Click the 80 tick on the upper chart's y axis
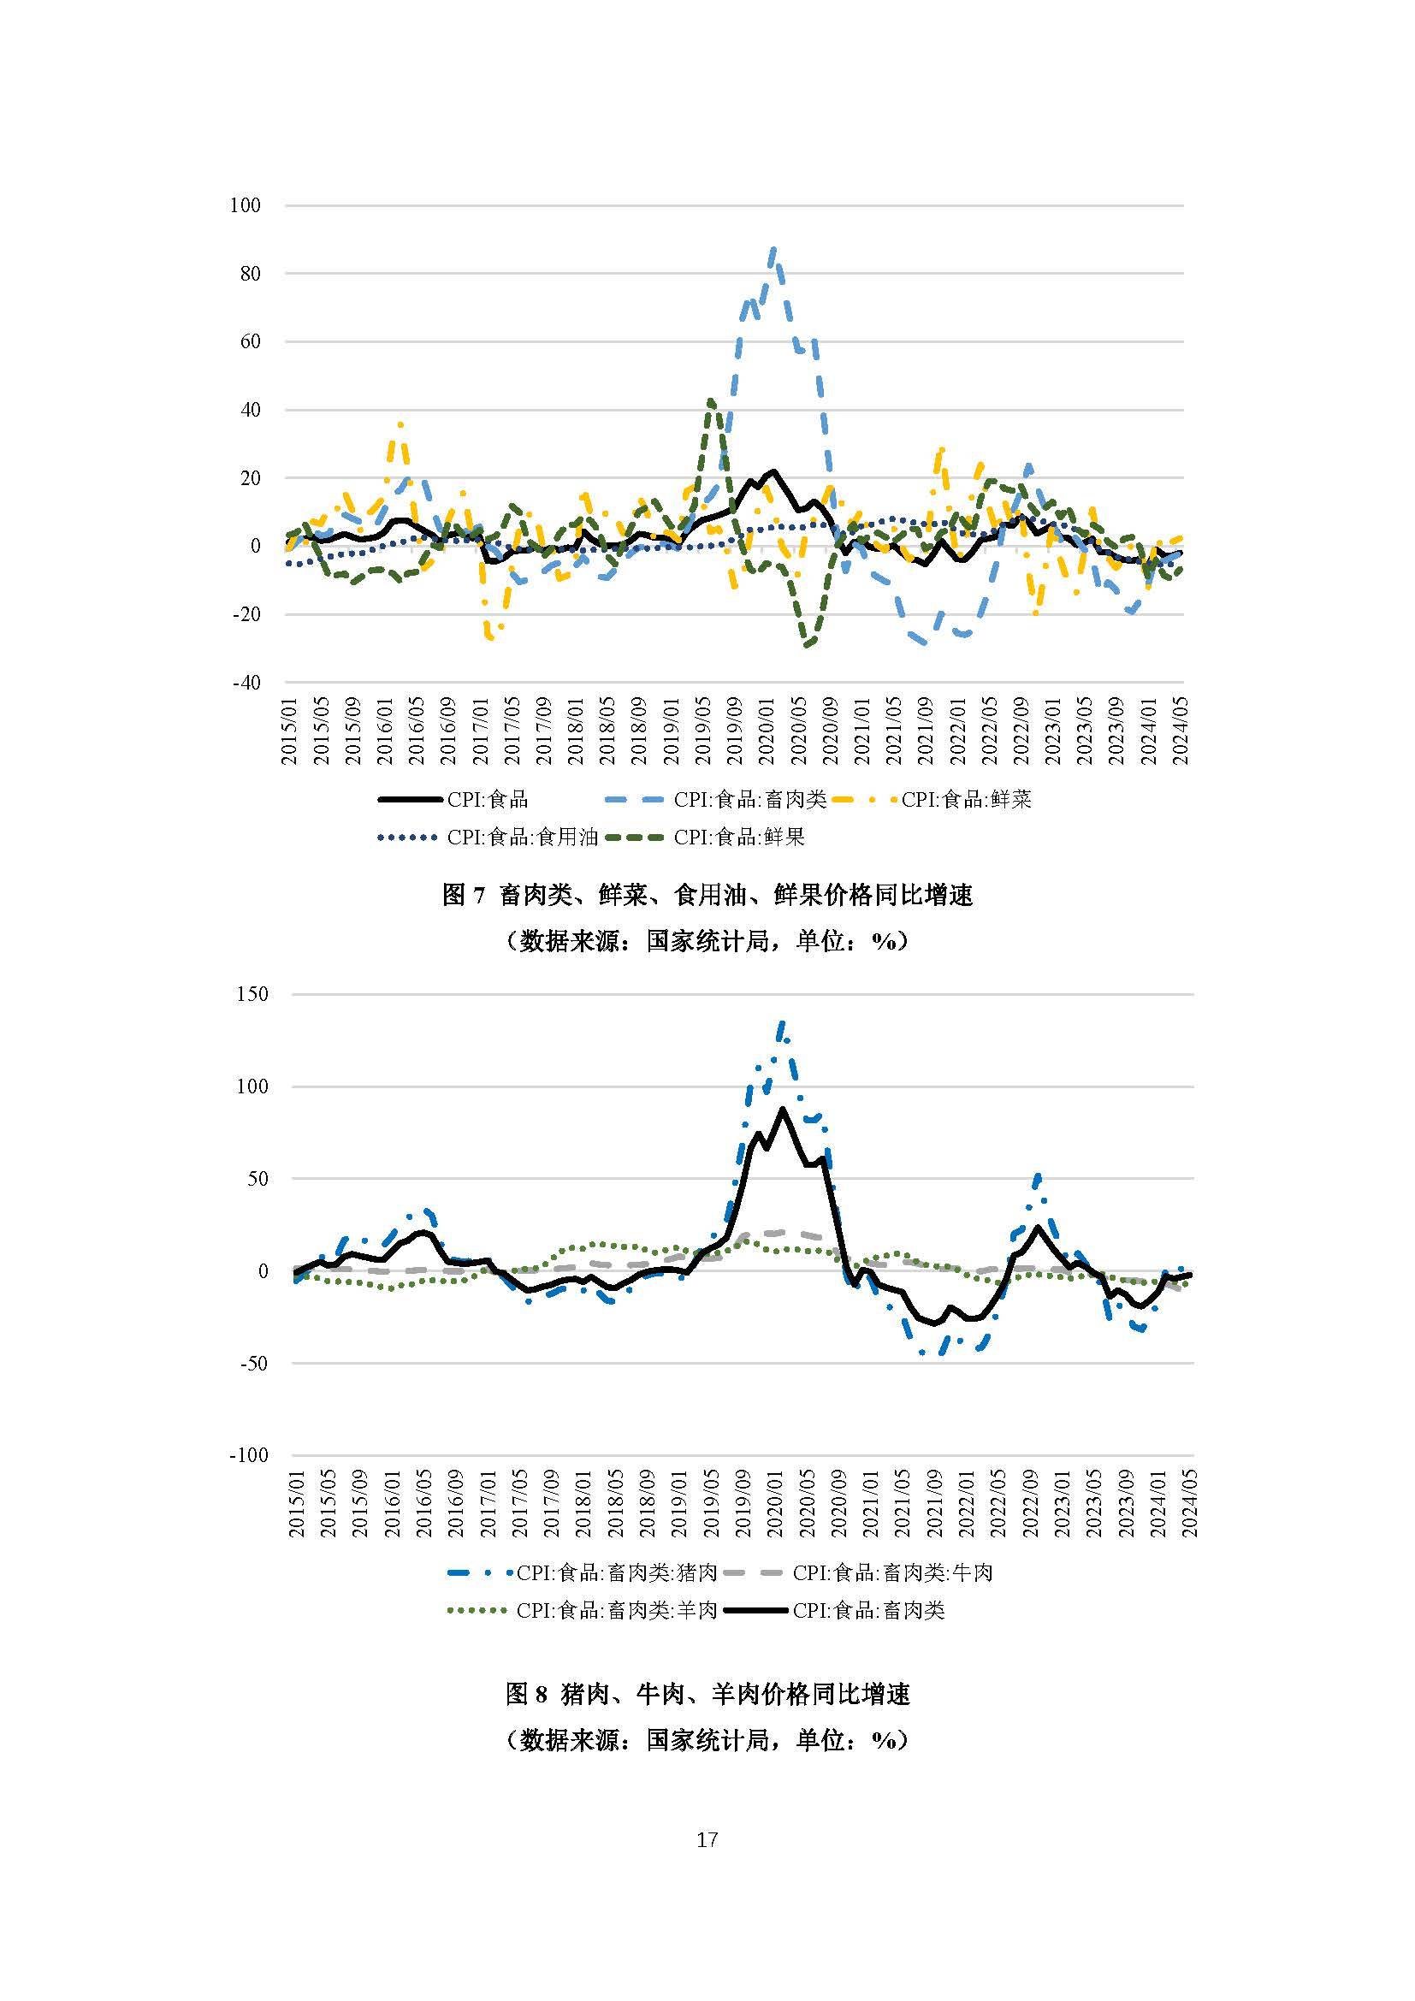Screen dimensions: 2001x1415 [x=245, y=274]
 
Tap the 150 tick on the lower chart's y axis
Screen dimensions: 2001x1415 [x=252, y=994]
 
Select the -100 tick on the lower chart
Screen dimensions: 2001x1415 [x=249, y=1454]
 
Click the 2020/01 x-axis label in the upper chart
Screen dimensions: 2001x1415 [x=766, y=731]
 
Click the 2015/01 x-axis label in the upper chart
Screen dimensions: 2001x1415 [x=289, y=731]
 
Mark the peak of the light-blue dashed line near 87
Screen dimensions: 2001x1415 [x=773, y=250]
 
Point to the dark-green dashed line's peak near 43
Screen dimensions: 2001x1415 [x=711, y=400]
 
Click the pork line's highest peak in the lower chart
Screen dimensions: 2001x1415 [x=781, y=1022]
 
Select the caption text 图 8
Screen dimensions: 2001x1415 [x=527, y=1693]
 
